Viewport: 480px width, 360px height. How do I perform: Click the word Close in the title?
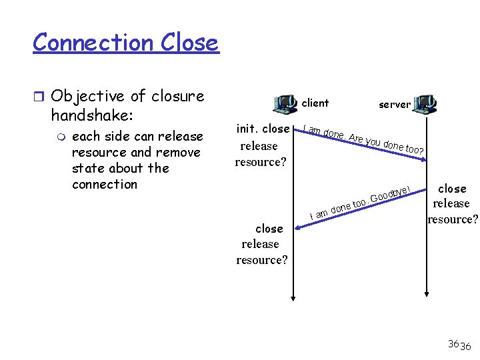point(189,43)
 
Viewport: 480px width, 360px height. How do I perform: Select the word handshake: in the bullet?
point(93,115)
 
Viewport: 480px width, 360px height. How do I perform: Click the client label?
point(315,103)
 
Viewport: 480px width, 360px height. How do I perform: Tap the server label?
point(395,104)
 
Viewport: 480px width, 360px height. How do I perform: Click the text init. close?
point(263,129)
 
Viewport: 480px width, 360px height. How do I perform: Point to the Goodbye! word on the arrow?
point(393,192)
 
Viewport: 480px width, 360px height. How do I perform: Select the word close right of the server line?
point(452,189)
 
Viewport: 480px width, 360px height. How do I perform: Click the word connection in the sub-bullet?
point(105,184)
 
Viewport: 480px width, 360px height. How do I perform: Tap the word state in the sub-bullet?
point(88,168)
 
